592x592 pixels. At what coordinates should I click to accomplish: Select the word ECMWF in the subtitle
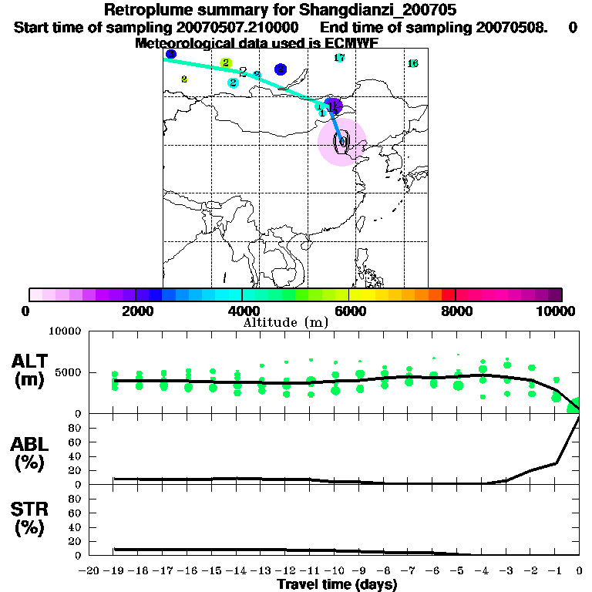click(349, 43)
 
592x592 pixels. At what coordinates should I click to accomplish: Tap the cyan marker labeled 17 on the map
click(339, 58)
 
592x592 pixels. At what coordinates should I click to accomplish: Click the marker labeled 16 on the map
click(412, 63)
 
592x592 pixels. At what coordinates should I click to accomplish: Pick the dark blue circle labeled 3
click(170, 54)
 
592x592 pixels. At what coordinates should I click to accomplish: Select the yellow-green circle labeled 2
click(226, 62)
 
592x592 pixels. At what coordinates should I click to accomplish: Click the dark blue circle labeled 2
click(281, 69)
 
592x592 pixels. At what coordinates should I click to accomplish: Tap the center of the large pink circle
click(341, 142)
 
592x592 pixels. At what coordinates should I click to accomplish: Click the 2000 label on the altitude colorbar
click(135, 311)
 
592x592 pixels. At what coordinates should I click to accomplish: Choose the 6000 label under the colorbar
click(349, 311)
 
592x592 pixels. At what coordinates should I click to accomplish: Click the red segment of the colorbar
click(448, 294)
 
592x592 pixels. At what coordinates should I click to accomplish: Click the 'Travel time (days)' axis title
click(337, 585)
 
